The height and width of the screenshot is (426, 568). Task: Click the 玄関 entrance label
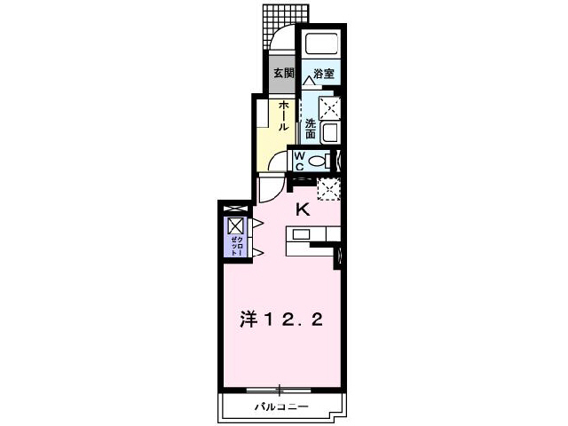click(283, 74)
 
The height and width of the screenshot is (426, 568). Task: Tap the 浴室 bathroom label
click(324, 75)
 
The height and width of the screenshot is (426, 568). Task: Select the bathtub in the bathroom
click(320, 45)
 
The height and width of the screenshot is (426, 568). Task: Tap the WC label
click(300, 161)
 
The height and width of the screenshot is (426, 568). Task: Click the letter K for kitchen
click(302, 209)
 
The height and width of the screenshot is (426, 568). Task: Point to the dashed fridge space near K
click(328, 189)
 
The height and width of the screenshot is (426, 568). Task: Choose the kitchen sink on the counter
click(299, 234)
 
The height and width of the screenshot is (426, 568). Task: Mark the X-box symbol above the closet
click(235, 225)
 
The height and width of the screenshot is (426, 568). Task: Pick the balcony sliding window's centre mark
click(280, 389)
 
